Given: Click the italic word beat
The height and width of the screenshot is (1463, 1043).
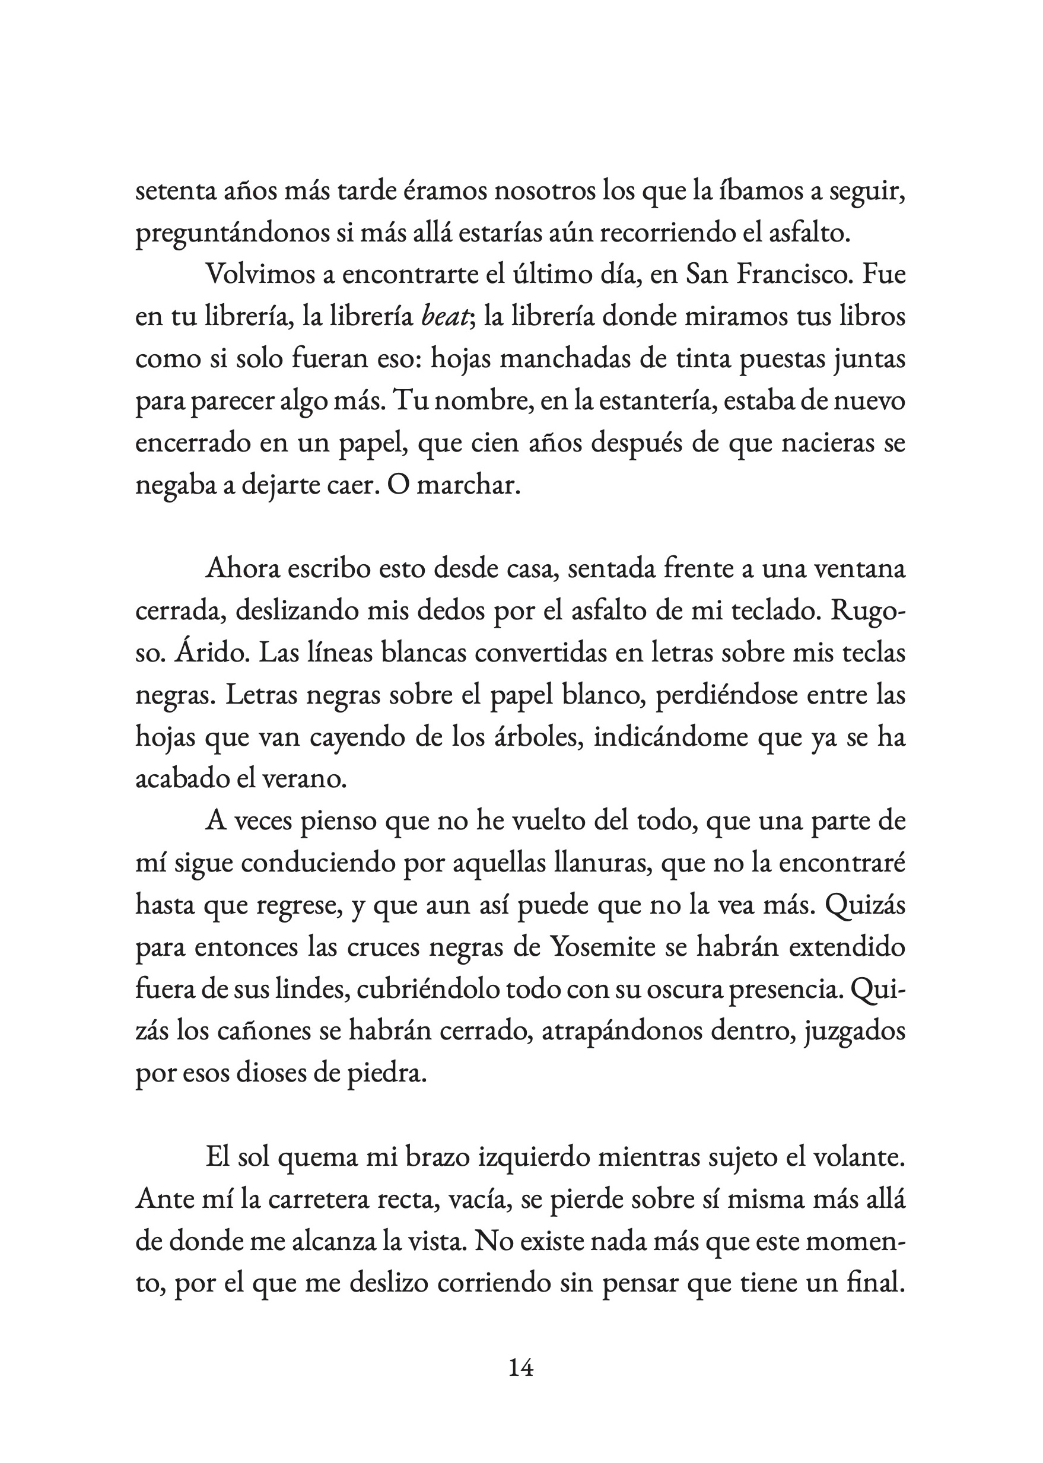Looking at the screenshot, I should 444,317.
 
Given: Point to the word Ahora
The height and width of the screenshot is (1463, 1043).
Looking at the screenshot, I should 241,570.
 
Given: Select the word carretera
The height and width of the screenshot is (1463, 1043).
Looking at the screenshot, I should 305,1200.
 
